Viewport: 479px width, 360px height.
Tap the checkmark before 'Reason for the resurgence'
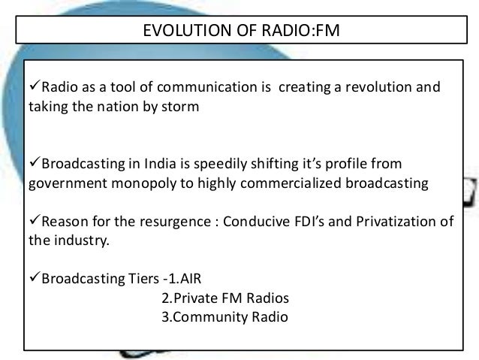tap(32, 223)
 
